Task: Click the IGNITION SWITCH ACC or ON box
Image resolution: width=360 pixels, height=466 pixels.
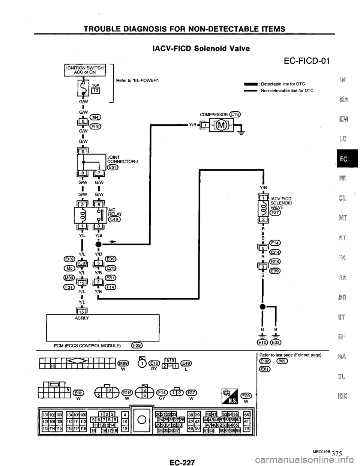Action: [x=87, y=70]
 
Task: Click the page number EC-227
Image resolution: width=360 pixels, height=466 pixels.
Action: [x=181, y=458]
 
